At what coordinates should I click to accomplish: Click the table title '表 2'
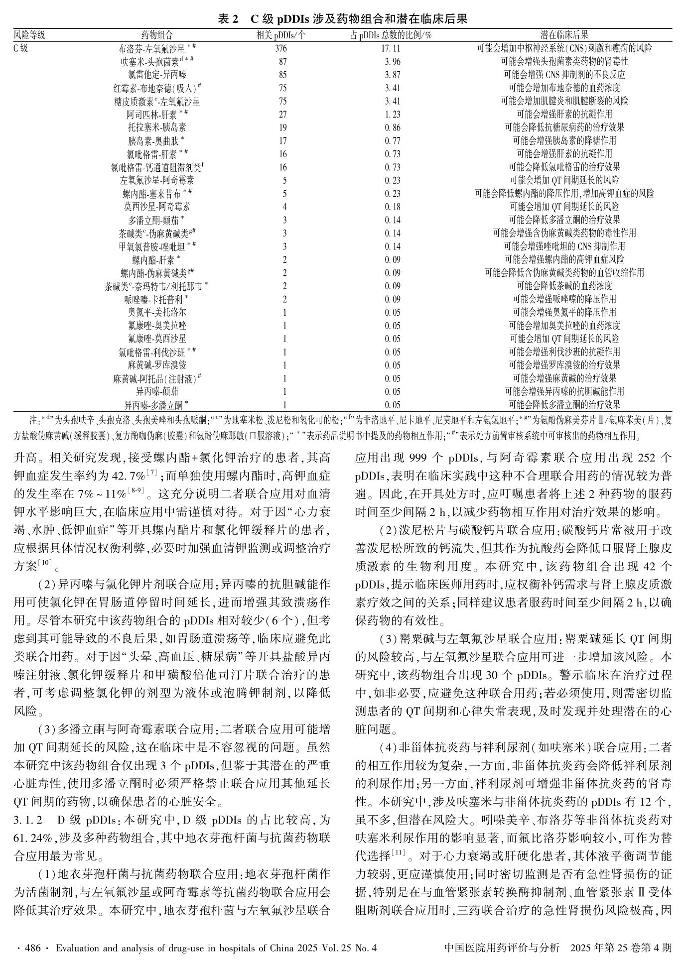228,19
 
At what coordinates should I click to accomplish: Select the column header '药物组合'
157,35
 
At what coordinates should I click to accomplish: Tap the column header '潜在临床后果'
564,35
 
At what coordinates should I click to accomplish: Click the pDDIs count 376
281,49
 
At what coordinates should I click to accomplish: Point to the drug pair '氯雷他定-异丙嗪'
157,75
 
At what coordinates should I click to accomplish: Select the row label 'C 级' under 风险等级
20,49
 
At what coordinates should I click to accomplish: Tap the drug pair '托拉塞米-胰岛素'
157,127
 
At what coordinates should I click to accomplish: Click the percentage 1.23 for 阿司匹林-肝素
393,115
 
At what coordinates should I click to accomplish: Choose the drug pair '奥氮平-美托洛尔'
157,313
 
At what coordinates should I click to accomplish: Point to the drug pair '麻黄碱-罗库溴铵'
157,365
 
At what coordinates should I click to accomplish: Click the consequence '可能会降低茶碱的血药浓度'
564,286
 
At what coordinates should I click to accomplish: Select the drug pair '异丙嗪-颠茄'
157,392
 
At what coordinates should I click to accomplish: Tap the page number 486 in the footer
32,948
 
